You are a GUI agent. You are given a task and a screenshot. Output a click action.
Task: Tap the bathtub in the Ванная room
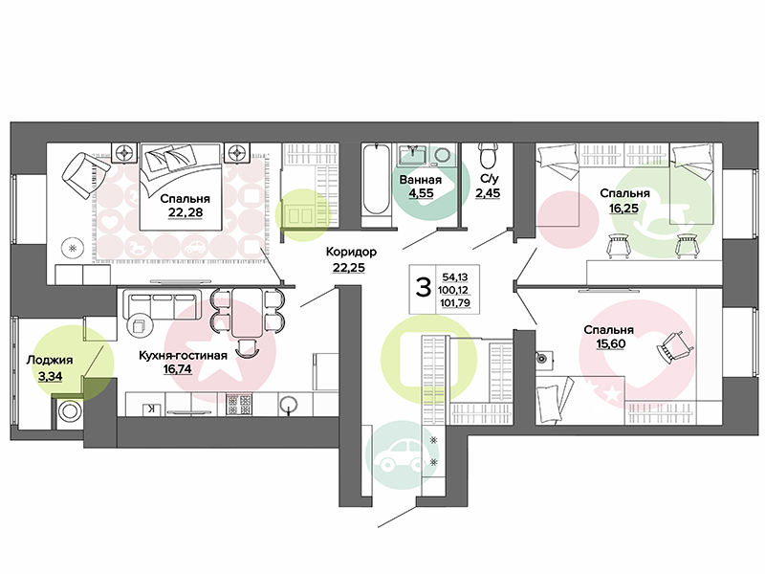(x=376, y=179)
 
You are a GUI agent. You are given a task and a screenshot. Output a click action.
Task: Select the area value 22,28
(x=185, y=212)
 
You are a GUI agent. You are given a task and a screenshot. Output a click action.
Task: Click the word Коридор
(x=351, y=252)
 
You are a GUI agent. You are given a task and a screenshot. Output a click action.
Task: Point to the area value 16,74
(x=178, y=369)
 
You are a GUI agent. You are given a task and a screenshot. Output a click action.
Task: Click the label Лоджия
(x=50, y=361)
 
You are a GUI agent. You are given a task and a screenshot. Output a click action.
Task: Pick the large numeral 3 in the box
(x=423, y=288)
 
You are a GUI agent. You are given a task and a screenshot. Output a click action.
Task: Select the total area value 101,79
(x=455, y=303)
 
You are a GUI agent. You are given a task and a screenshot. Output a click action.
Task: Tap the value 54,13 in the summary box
(x=455, y=277)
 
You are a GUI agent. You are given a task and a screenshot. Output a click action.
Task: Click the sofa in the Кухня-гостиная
(x=163, y=305)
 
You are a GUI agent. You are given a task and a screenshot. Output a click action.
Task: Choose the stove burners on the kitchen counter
(x=239, y=405)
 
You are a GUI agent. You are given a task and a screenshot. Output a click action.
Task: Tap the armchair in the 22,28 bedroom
(x=82, y=174)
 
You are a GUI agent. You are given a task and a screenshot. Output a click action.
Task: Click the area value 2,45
(x=488, y=193)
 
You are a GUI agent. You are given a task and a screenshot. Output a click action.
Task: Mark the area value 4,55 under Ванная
(x=421, y=193)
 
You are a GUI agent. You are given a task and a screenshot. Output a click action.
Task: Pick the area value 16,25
(x=623, y=209)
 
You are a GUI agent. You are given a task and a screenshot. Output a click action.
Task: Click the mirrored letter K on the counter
(x=152, y=409)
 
